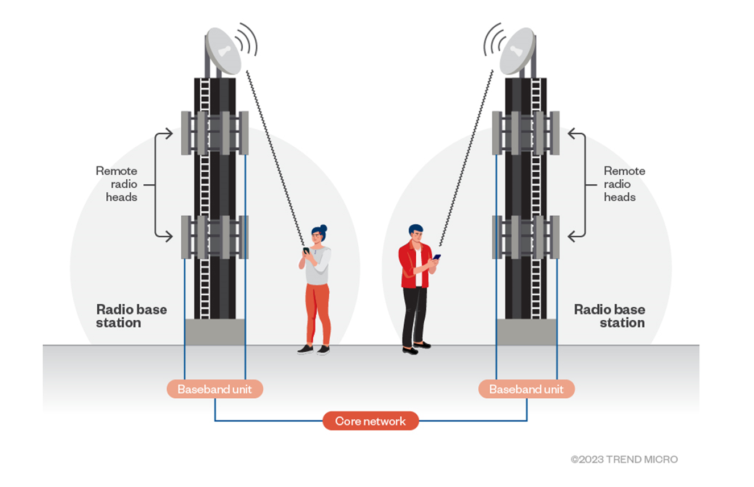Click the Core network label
[x=370, y=421]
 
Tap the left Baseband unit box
[x=214, y=389]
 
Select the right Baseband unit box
[x=526, y=389]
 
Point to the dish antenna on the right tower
[x=517, y=51]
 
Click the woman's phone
[x=306, y=251]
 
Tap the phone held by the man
[x=436, y=257]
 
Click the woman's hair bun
[x=324, y=228]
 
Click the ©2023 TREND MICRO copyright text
[x=624, y=459]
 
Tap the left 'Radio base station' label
[x=131, y=316]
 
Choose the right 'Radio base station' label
[x=610, y=316]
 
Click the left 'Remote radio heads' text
[x=117, y=184]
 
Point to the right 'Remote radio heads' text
[x=624, y=184]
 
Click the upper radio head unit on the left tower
[x=215, y=133]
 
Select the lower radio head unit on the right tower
[x=525, y=237]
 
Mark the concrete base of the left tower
[x=215, y=332]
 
